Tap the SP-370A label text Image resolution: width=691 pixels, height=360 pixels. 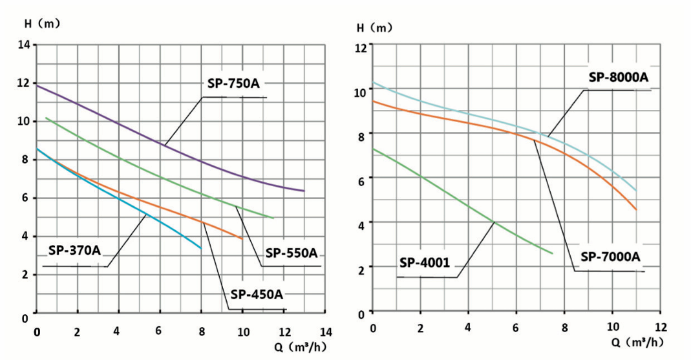[74, 251]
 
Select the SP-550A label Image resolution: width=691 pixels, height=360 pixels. [291, 252]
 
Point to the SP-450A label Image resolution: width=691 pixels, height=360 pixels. [257, 295]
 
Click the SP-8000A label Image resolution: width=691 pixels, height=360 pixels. [618, 77]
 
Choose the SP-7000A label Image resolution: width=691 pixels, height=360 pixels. [610, 257]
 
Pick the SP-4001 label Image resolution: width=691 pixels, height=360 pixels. [424, 262]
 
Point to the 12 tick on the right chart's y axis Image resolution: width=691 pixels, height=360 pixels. [361, 47]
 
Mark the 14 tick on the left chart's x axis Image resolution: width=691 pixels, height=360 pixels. [326, 332]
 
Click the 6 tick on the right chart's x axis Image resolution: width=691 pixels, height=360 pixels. [516, 327]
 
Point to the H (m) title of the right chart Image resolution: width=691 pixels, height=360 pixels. [374, 28]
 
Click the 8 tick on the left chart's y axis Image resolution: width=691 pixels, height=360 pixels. [25, 160]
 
